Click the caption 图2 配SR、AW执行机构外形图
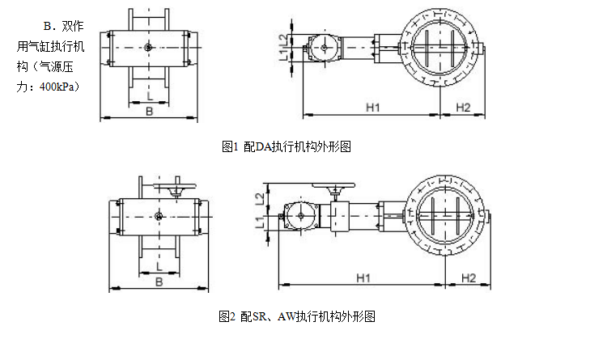(x=297, y=316)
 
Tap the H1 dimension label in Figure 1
(x=374, y=107)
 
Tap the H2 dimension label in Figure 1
(x=463, y=107)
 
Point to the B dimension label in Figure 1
(x=149, y=112)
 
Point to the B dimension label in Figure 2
(x=159, y=282)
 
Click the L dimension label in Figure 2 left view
(x=159, y=266)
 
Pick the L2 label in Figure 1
(x=283, y=38)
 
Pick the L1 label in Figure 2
(x=258, y=221)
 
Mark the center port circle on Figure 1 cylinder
(x=148, y=48)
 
